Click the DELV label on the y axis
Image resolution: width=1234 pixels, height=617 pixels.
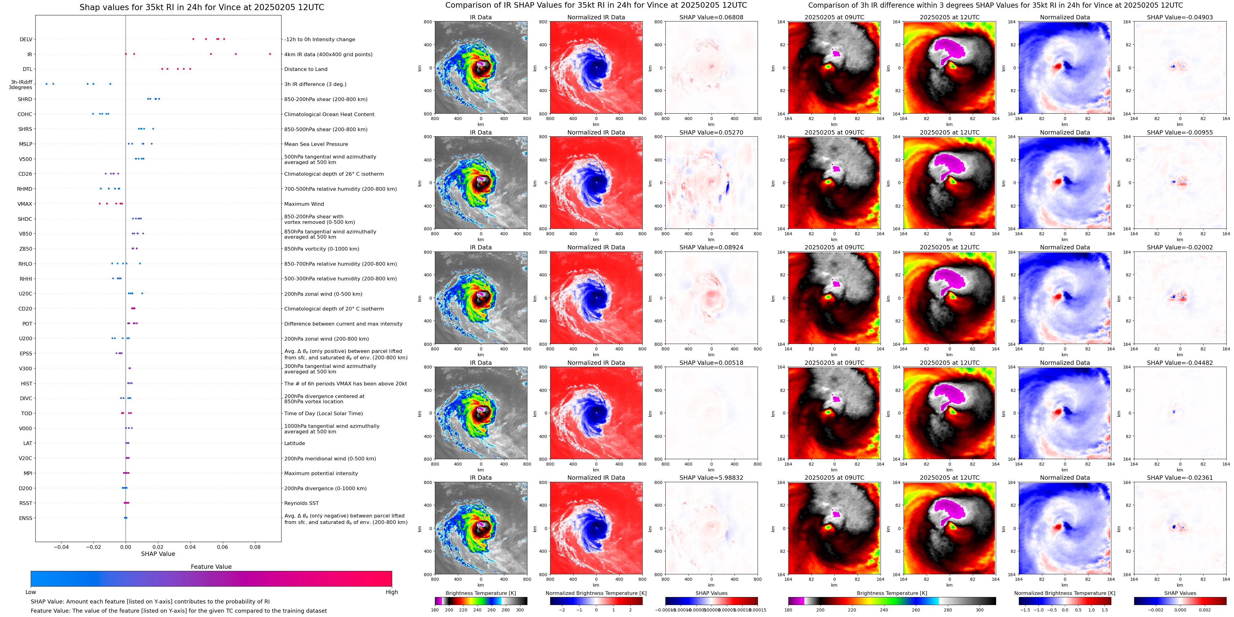click(26, 40)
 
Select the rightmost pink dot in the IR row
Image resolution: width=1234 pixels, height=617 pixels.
click(270, 54)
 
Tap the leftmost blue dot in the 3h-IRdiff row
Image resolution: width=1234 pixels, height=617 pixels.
click(46, 84)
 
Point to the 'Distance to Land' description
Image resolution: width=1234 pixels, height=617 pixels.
click(306, 69)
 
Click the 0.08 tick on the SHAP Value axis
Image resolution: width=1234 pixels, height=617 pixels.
click(255, 547)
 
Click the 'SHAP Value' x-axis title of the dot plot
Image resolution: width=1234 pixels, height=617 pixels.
click(158, 554)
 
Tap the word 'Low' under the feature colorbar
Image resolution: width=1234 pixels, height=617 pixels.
click(31, 592)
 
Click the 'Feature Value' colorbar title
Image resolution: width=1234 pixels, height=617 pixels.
click(211, 567)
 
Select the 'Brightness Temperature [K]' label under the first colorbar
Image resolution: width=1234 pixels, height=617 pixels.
click(480, 593)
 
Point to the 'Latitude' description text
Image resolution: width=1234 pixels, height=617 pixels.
click(295, 443)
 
